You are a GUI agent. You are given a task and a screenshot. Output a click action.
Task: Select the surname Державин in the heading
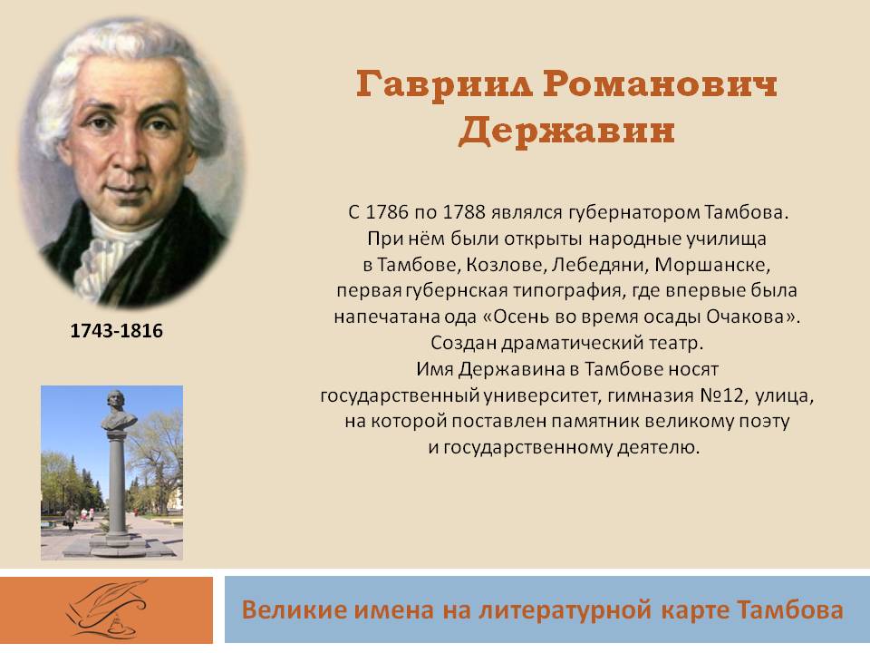pos(566,132)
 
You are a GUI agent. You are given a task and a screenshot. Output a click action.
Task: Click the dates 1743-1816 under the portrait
pos(117,331)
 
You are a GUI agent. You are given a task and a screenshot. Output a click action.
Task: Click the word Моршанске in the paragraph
pos(712,264)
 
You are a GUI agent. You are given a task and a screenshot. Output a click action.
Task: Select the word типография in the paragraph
pos(565,290)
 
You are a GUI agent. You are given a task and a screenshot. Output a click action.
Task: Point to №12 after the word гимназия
pos(721,395)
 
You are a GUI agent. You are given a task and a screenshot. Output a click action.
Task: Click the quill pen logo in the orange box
pos(108,609)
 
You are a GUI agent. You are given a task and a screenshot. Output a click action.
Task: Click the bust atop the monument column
pos(118,410)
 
